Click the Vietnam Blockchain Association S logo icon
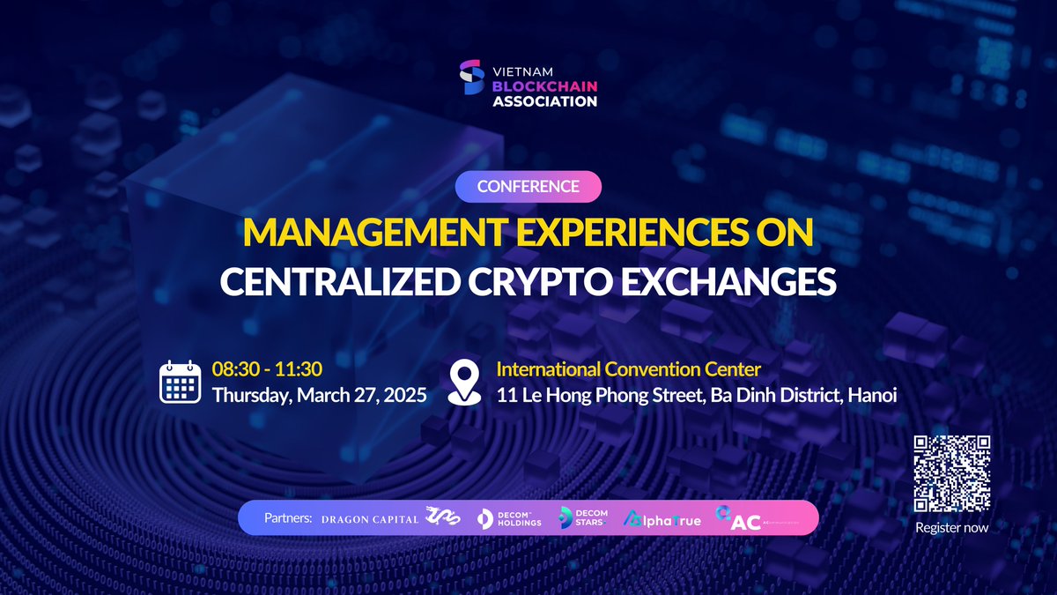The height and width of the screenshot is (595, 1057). point(472,78)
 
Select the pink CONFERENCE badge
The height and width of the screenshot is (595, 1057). point(528,187)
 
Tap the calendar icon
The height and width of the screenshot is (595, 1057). point(181,382)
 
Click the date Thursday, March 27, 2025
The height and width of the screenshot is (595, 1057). point(319,395)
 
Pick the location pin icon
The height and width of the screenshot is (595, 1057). point(464,383)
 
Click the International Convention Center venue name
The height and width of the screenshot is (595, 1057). point(628,369)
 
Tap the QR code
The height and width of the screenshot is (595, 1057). point(951,473)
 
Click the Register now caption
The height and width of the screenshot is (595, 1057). point(951,528)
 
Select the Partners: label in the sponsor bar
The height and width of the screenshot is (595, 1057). point(288,518)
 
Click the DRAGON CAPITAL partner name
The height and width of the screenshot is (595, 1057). point(369,519)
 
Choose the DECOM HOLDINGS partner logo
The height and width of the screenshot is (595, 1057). point(508,519)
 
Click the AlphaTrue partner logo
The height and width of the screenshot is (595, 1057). point(662,520)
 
